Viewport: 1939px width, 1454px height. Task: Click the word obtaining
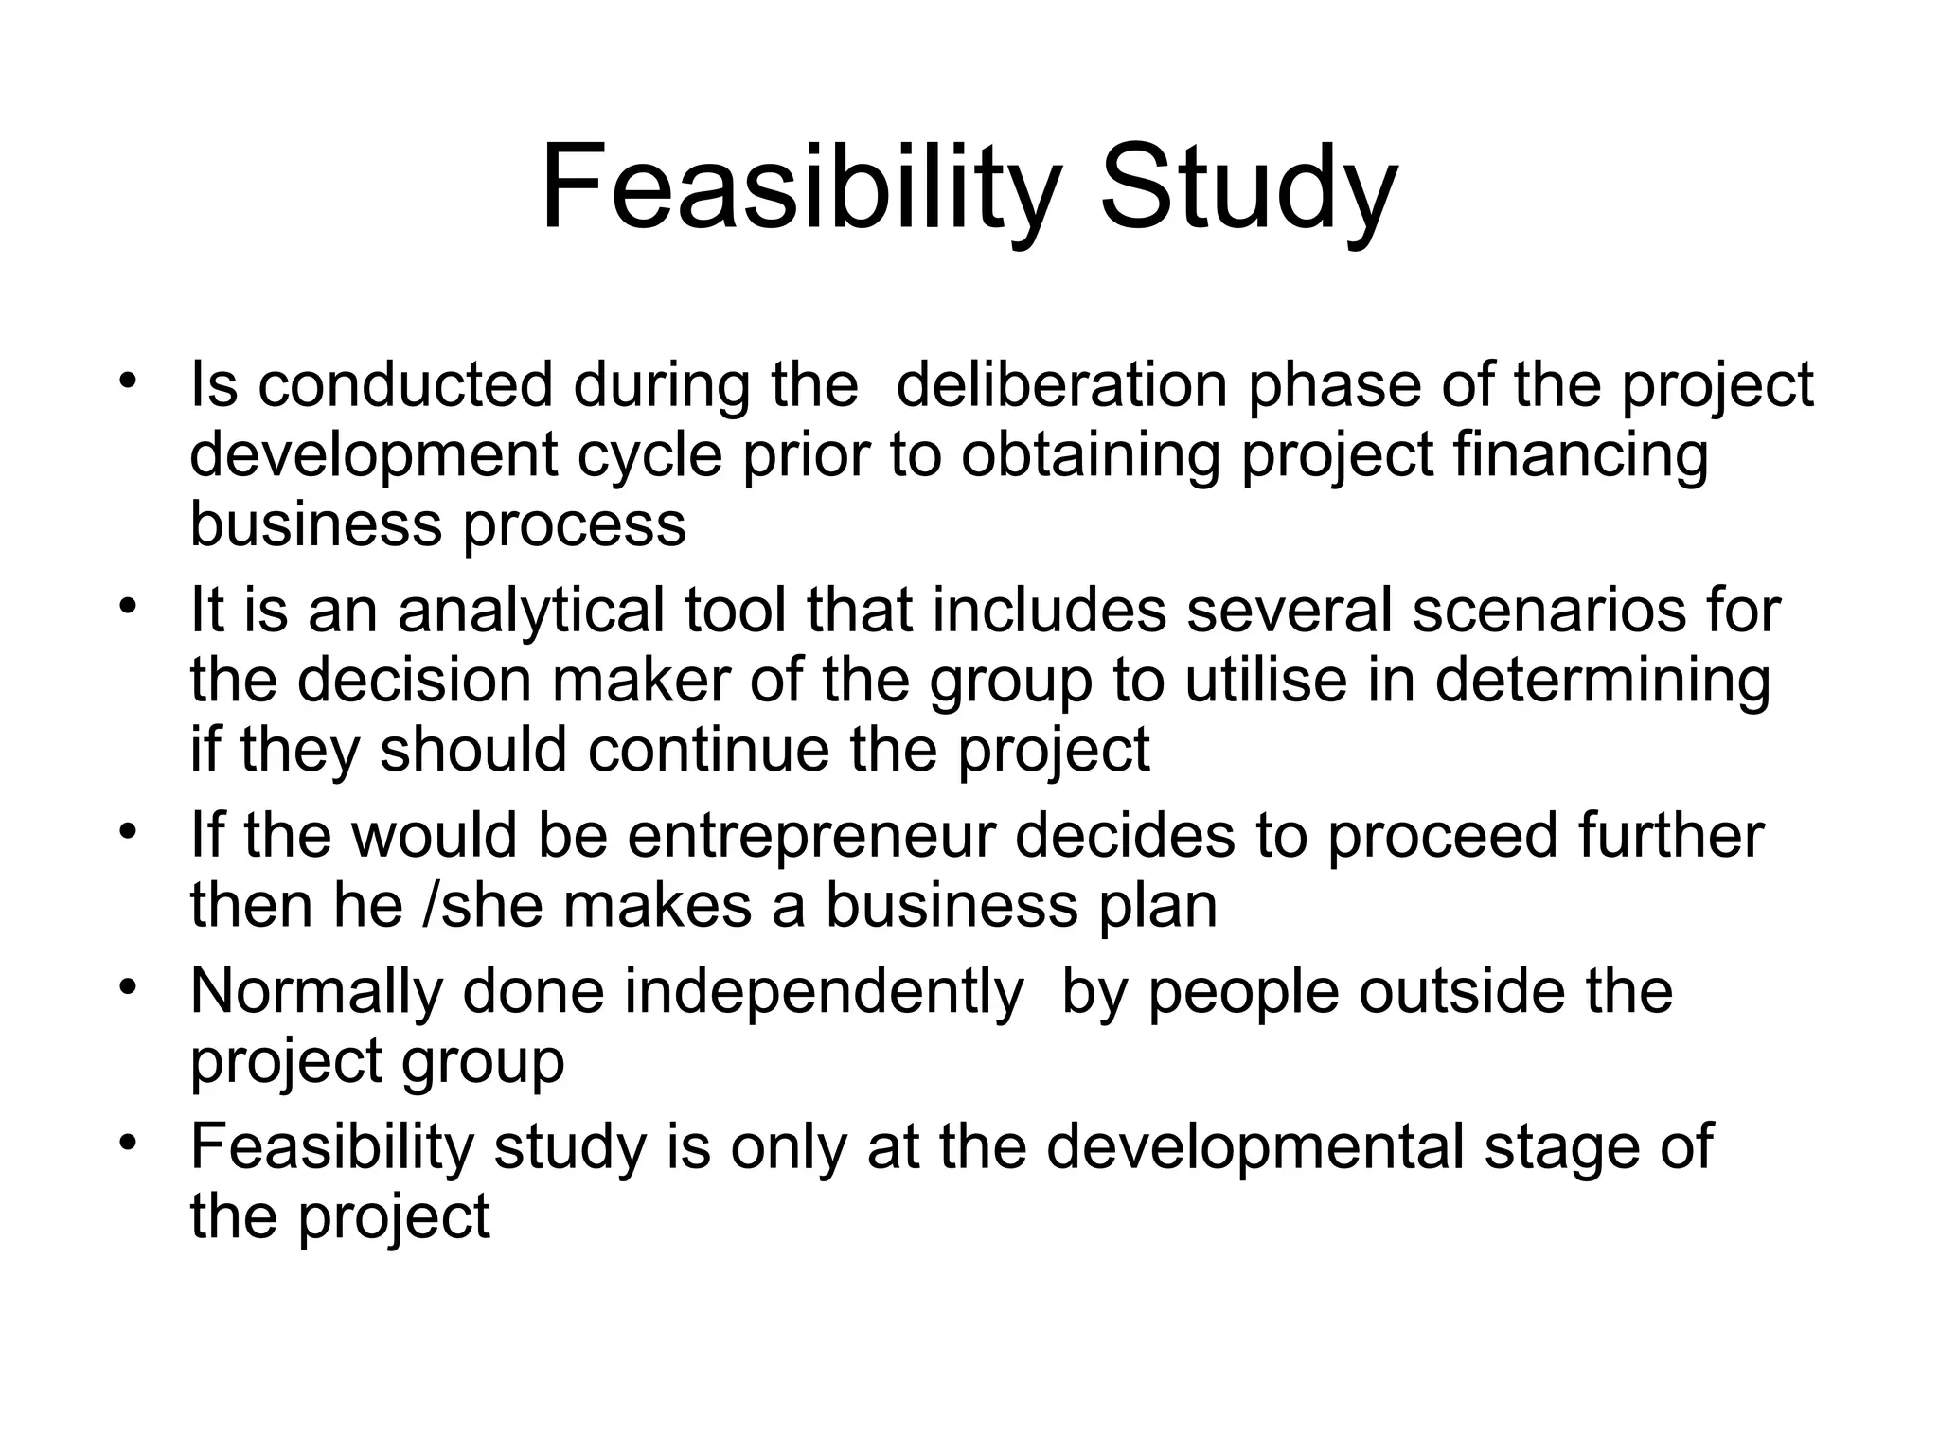(1090, 455)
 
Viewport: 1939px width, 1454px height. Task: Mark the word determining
(1602, 680)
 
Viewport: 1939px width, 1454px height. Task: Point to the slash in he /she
(431, 905)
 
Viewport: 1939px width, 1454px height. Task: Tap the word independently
(823, 991)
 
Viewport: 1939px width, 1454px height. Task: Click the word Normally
(315, 991)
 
